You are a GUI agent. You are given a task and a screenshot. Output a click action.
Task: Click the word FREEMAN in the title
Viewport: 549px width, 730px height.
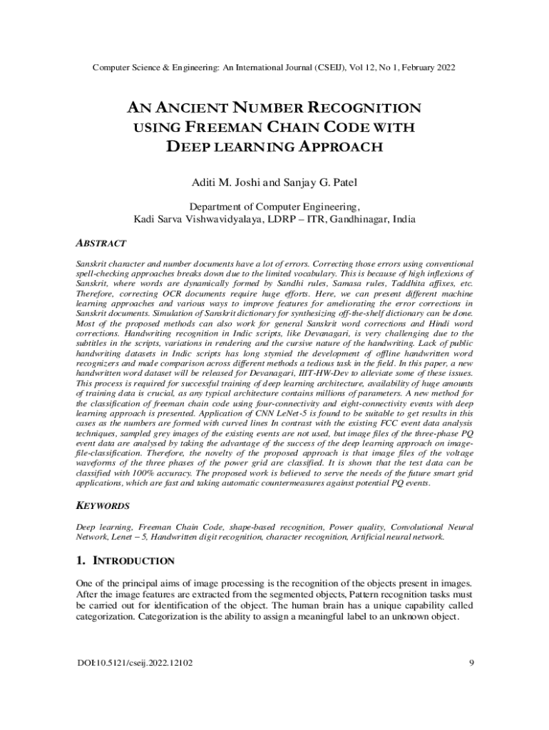[217, 128]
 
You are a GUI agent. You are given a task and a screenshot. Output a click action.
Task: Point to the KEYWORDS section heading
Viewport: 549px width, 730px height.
[103, 505]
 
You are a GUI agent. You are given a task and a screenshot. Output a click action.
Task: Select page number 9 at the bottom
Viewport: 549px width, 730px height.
[472, 664]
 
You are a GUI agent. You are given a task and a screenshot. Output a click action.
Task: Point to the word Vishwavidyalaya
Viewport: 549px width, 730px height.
[223, 219]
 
